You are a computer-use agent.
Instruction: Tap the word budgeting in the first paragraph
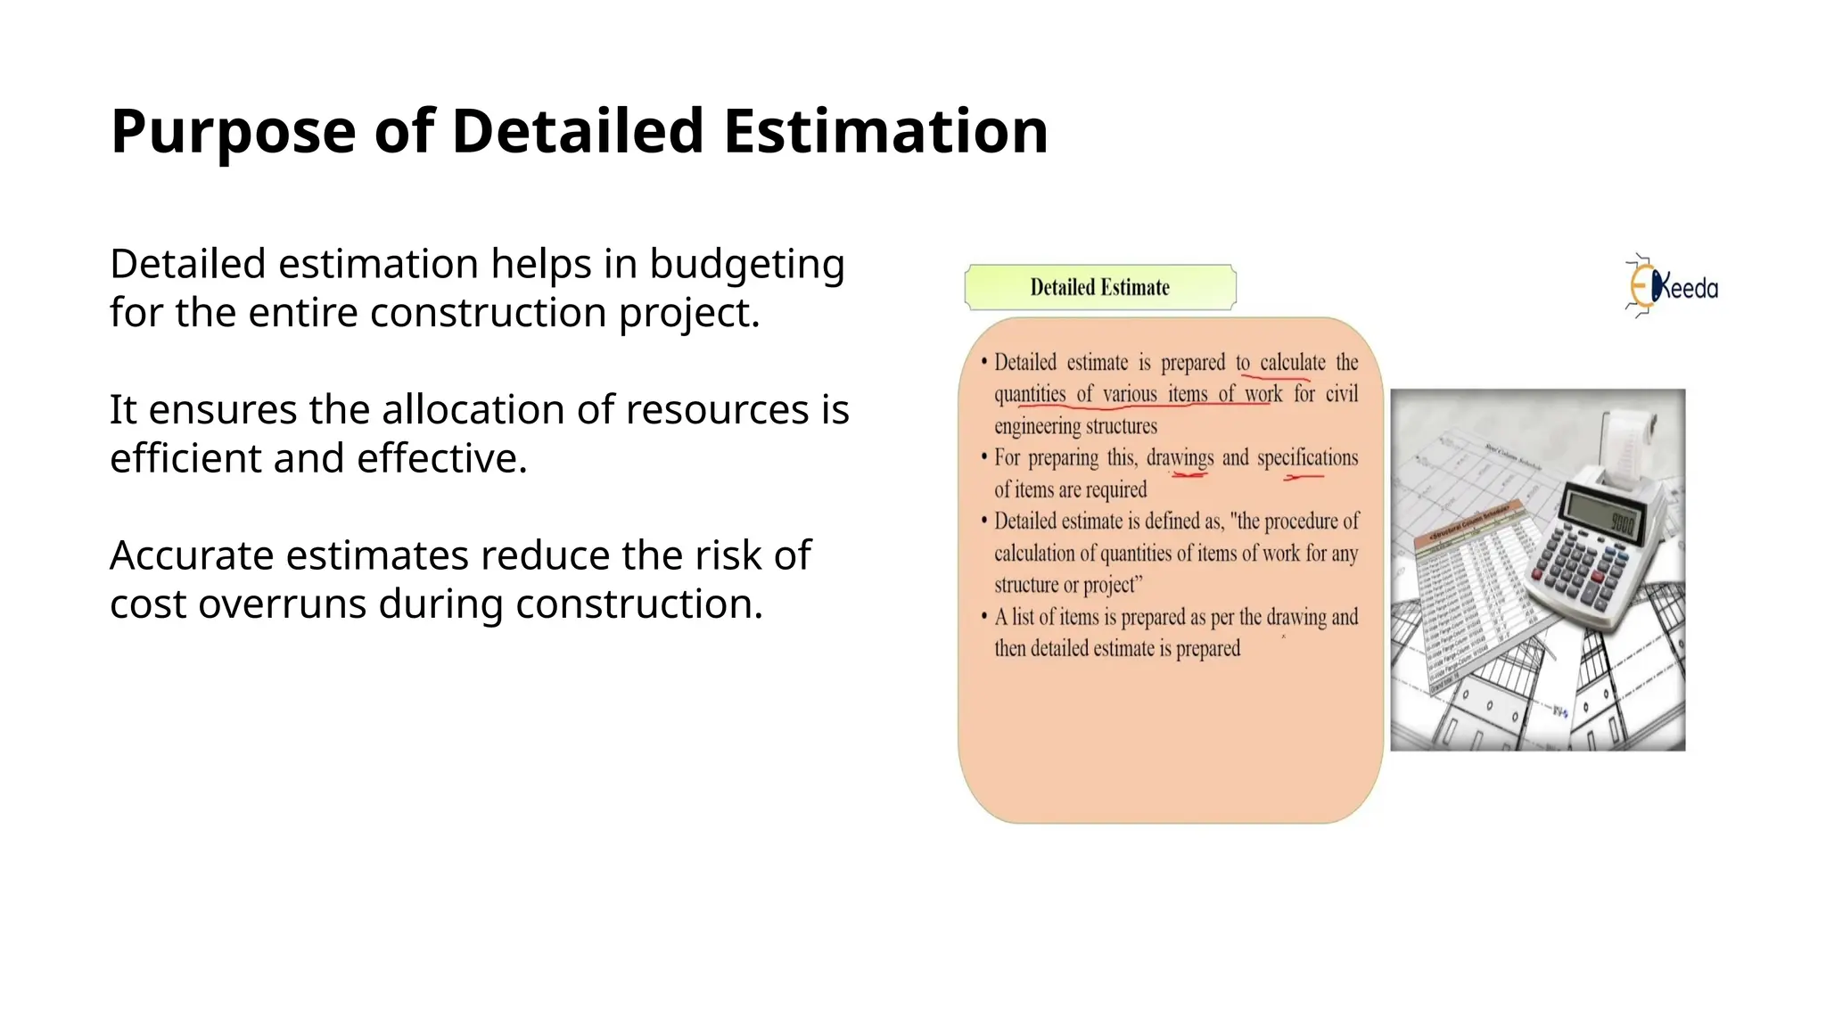[746, 265]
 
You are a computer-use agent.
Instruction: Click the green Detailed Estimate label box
[1100, 287]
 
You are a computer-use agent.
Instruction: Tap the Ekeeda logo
[1671, 286]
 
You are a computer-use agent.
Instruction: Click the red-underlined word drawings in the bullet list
[1180, 457]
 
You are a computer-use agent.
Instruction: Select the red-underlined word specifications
[1307, 457]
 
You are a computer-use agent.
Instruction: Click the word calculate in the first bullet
[1292, 363]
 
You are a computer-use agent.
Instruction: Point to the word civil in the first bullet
[1341, 394]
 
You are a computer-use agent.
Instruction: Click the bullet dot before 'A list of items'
[984, 616]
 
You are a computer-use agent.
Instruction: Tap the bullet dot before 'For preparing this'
[984, 457]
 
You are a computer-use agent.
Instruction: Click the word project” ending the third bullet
[1113, 585]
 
